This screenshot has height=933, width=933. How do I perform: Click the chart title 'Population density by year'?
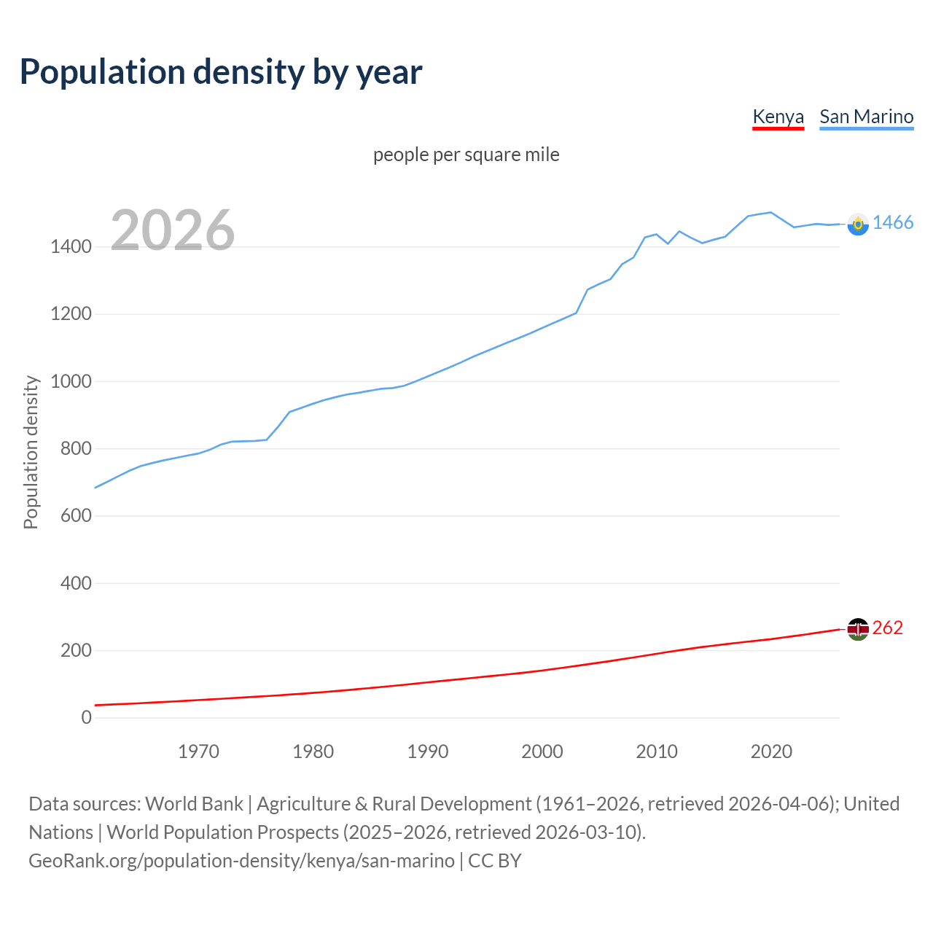pos(221,72)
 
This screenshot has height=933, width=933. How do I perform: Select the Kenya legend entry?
pos(778,117)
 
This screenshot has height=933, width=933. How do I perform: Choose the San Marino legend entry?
pos(866,117)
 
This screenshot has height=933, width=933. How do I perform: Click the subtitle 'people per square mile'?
pos(466,155)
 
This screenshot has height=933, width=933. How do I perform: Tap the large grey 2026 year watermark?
pos(173,230)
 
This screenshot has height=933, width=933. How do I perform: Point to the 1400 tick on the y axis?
pos(71,247)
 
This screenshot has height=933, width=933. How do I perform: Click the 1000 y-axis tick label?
pos(71,381)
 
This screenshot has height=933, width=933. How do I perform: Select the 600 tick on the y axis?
pos(76,516)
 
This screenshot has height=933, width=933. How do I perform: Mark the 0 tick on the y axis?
pos(87,717)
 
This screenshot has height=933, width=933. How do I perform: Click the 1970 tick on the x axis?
pos(198,752)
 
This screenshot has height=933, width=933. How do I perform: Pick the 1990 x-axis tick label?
pos(428,752)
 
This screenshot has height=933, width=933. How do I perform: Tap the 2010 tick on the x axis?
pos(657,752)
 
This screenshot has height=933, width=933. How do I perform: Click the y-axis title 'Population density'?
pos(31,452)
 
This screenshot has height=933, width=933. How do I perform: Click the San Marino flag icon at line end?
pos(858,225)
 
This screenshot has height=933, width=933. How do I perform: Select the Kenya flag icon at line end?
pos(858,629)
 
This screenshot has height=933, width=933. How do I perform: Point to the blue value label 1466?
pos(893,223)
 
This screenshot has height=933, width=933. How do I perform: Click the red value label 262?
pos(887,628)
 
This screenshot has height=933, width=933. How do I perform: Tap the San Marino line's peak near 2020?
pos(770,212)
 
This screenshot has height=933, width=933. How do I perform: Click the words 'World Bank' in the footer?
pos(194,804)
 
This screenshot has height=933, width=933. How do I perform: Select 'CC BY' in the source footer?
pos(495,861)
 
